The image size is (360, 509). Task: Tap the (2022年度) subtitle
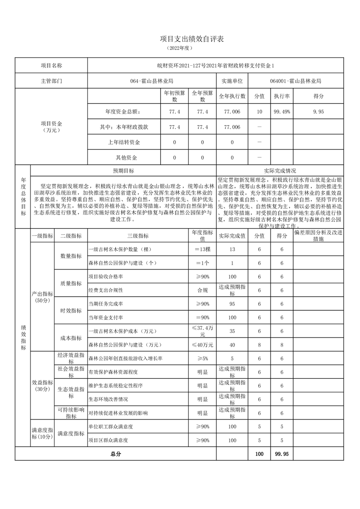pyautogui.click(x=180, y=48)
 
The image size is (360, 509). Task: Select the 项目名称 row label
pyautogui.click(x=51, y=66)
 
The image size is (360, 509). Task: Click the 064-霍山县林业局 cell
pyautogui.click(x=152, y=81)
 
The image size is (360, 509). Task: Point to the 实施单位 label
pyautogui.click(x=232, y=81)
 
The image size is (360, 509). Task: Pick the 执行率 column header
pyautogui.click(x=281, y=96)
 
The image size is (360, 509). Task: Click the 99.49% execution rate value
pyautogui.click(x=281, y=112)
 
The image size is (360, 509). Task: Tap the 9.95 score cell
pyautogui.click(x=318, y=112)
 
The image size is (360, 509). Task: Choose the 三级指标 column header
pyautogui.click(x=138, y=236)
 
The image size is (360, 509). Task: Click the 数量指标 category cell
pyautogui.click(x=71, y=256)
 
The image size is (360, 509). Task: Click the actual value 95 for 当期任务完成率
pyautogui.click(x=232, y=303)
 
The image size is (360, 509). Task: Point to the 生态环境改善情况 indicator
pyautogui.click(x=108, y=400)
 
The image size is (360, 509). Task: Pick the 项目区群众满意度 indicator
pyautogui.click(x=108, y=440)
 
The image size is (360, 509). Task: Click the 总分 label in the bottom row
pyautogui.click(x=115, y=454)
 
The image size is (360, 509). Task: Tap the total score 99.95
pyautogui.click(x=282, y=454)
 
